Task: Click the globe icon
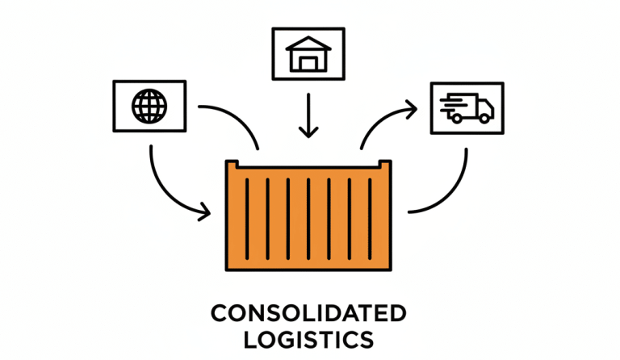click(149, 105)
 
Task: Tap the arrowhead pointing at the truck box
click(413, 107)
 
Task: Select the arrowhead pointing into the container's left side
click(205, 214)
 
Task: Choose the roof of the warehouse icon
click(308, 43)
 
